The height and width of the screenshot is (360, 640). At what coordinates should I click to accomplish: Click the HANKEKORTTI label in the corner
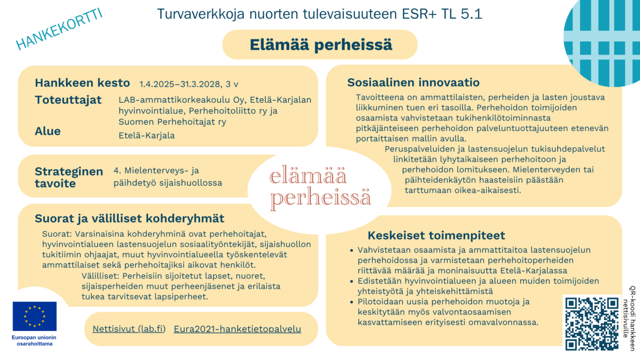[59, 29]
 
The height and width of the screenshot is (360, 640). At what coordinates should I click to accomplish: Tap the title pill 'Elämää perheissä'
[320, 45]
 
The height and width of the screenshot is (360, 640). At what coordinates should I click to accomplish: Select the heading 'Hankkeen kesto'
[82, 83]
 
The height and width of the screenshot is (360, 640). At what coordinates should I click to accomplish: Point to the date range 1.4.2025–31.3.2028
[179, 84]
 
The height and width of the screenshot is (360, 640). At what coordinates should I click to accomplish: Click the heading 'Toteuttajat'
[68, 100]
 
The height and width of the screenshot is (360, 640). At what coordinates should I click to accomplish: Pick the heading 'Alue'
[48, 131]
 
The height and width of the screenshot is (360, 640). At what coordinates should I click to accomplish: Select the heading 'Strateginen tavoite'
[68, 177]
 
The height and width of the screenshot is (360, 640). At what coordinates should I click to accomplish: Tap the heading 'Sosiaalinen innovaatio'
[413, 82]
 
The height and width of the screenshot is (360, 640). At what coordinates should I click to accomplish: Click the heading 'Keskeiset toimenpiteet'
[436, 235]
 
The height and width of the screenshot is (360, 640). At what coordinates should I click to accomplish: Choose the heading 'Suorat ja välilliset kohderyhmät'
[129, 218]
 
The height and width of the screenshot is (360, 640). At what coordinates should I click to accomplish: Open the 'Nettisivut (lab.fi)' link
[129, 329]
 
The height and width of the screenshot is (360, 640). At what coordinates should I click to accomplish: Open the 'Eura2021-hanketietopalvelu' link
[237, 329]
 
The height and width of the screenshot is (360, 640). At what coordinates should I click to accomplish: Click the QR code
[592, 323]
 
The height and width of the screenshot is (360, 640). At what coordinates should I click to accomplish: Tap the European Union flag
[35, 316]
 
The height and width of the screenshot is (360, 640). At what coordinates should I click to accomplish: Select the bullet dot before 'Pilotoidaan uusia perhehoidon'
[352, 302]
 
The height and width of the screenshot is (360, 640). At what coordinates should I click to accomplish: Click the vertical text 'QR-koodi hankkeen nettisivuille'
[632, 318]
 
